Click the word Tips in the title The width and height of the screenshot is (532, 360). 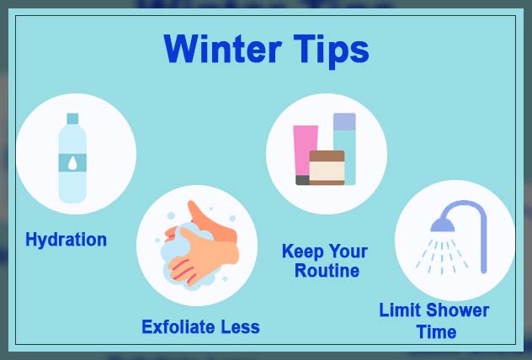(330, 49)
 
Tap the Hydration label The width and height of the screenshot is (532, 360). (66, 240)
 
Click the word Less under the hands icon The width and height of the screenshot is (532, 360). (240, 326)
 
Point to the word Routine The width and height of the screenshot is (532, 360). (327, 271)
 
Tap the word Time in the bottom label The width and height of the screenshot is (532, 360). (436, 331)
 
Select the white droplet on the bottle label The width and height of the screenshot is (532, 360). (72, 162)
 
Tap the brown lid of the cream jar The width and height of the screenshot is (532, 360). (327, 156)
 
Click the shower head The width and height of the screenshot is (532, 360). (442, 222)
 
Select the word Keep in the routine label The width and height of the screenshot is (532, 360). (303, 251)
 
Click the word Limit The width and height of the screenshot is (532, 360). (400, 310)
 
